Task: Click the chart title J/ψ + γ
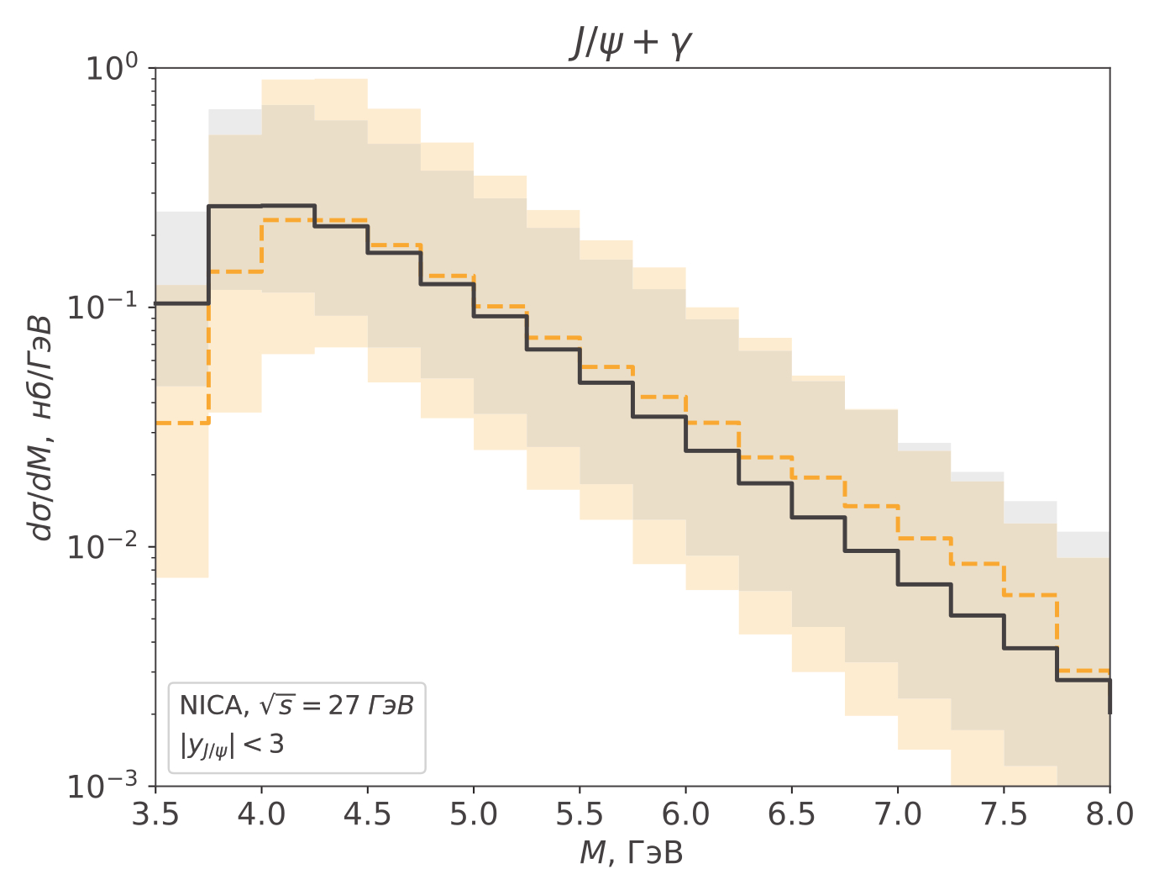(x=630, y=42)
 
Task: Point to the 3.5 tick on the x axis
(x=155, y=814)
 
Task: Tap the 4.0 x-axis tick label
(x=261, y=814)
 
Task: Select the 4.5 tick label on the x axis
(x=367, y=814)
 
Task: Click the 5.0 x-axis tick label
(x=474, y=814)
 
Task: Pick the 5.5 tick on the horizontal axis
(x=580, y=814)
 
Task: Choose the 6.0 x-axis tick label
(x=685, y=814)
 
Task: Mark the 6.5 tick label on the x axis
(x=792, y=814)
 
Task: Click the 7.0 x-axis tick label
(x=898, y=814)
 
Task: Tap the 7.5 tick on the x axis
(x=1004, y=814)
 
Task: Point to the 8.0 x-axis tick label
(x=1109, y=814)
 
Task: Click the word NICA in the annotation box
(x=211, y=705)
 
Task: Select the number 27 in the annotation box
(x=344, y=705)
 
